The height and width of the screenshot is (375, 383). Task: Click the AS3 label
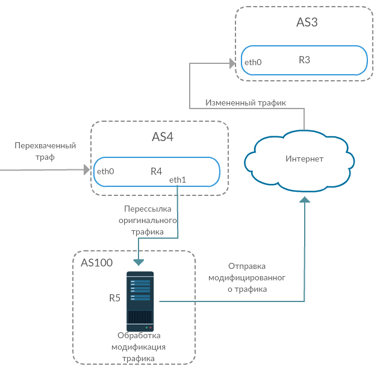(307, 23)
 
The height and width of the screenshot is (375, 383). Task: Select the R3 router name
(304, 60)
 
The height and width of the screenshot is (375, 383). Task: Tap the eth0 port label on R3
(253, 62)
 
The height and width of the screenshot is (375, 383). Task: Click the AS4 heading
(162, 137)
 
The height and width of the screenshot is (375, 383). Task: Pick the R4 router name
(156, 171)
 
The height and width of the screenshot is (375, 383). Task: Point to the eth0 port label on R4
(105, 171)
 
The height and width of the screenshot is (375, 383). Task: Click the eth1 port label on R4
(178, 180)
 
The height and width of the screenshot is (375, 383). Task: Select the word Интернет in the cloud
(304, 159)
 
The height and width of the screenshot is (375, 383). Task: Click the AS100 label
(96, 263)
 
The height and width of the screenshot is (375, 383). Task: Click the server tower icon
(140, 301)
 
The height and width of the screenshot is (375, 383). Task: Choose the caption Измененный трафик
(245, 102)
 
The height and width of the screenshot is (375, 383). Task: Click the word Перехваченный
(46, 145)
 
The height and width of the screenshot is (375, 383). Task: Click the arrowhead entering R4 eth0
(86, 171)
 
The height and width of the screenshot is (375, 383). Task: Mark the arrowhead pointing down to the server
(139, 262)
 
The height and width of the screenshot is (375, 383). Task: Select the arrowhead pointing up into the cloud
(305, 200)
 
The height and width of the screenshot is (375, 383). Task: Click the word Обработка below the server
(139, 336)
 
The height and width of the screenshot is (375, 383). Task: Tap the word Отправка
(247, 266)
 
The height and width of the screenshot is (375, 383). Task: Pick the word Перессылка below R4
(148, 209)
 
